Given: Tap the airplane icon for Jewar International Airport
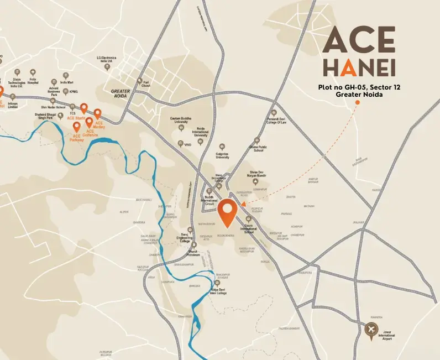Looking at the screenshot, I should click(x=371, y=330).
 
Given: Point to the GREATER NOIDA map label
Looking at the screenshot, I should click(x=120, y=93).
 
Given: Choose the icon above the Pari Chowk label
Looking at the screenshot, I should click(x=139, y=81).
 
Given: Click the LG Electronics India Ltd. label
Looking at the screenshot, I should click(x=106, y=59).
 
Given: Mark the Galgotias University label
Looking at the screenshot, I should click(x=223, y=155).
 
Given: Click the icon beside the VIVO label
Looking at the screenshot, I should click(x=180, y=144).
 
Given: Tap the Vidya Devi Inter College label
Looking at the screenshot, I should click(x=217, y=291).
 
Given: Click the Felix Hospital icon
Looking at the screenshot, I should click(x=33, y=72).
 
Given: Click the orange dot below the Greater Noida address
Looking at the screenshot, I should click(x=358, y=102).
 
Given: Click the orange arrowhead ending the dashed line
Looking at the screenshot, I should click(x=243, y=204).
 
